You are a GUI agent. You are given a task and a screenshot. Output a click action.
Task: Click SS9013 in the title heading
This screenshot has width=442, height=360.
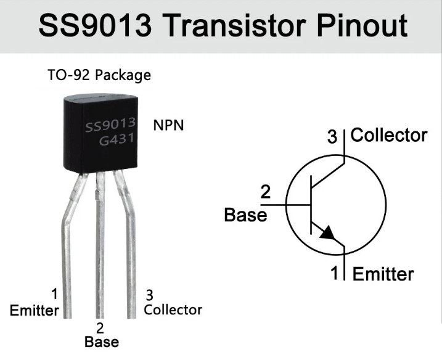[x=88, y=26]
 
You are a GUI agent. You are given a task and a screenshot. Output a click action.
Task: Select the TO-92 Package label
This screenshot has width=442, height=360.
[x=99, y=76]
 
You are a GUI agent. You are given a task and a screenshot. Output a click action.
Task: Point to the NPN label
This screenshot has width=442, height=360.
[x=168, y=125]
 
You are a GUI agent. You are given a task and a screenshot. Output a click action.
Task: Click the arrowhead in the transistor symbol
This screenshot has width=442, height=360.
[x=327, y=232]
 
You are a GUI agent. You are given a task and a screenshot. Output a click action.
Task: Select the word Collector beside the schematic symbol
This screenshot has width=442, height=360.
[x=388, y=135]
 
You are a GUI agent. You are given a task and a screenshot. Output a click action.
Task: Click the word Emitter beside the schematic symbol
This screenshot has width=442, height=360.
[x=383, y=274]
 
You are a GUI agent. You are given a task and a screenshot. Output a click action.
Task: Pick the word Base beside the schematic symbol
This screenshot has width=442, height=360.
[x=245, y=215]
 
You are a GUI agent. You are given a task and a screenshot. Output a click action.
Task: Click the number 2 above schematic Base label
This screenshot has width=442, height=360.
[x=266, y=192]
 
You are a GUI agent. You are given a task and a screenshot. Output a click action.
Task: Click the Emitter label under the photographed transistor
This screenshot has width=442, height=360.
[x=35, y=309]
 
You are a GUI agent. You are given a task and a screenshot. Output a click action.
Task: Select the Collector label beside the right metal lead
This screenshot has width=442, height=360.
[x=173, y=309]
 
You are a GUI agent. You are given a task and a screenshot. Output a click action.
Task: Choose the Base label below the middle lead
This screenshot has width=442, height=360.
[x=101, y=341]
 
